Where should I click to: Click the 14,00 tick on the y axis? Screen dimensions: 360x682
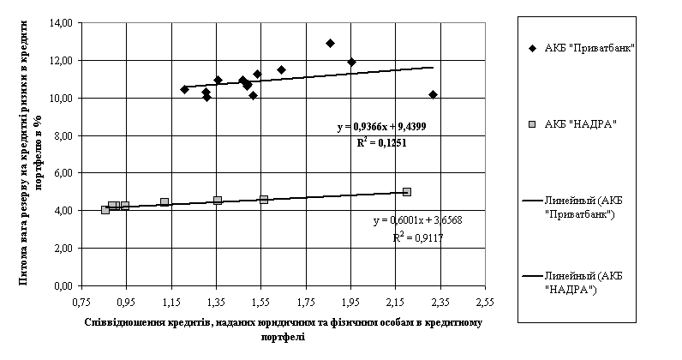(x=60, y=23)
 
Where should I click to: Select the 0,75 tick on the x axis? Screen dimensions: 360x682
(x=81, y=303)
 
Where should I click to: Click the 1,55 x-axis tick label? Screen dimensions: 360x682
(x=260, y=303)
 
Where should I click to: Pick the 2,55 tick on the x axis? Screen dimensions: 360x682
(x=485, y=303)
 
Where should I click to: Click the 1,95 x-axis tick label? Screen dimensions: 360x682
(x=350, y=303)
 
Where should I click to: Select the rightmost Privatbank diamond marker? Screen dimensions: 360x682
(x=433, y=94)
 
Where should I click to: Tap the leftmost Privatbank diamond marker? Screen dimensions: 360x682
(x=184, y=89)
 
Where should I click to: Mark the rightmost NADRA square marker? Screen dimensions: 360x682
(x=407, y=192)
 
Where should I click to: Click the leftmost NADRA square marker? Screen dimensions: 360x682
(x=105, y=209)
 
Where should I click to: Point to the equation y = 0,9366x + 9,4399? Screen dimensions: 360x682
(x=381, y=127)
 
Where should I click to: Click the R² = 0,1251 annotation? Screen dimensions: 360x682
(x=381, y=143)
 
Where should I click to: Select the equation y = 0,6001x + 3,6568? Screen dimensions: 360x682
(x=419, y=221)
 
